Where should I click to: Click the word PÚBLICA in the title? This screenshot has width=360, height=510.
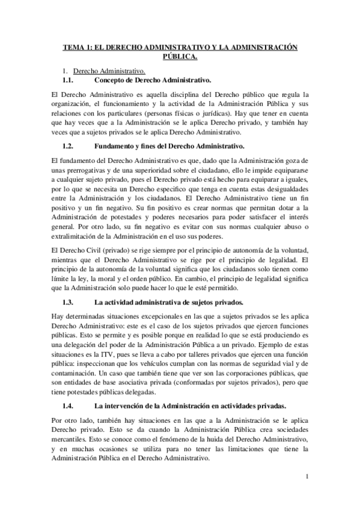pos(179,57)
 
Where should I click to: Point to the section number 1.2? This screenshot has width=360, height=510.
pos(68,146)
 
